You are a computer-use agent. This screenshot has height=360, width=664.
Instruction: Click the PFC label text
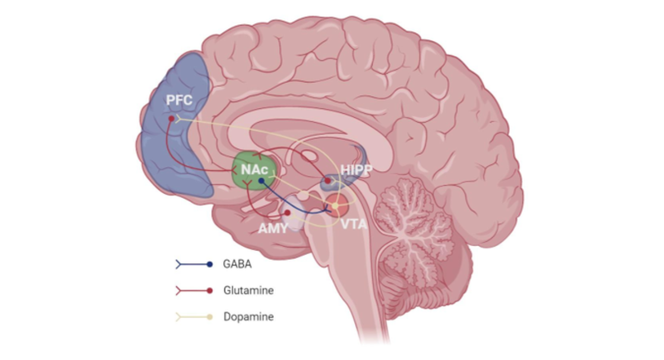pos(179,100)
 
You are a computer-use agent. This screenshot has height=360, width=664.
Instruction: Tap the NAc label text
pos(255,169)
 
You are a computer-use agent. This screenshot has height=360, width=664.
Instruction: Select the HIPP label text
pos(356,170)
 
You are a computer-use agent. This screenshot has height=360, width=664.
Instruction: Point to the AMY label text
pos(273,228)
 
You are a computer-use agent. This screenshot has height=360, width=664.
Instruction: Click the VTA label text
pos(354,224)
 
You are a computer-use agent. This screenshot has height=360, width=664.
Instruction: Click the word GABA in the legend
pos(237,264)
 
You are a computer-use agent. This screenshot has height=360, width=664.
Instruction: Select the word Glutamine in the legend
pos(248,290)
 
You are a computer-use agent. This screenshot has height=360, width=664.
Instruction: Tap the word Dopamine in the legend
pos(248,317)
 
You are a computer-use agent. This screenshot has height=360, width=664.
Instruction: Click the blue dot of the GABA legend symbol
pos(210,264)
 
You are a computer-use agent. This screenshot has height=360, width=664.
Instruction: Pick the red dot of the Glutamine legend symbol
pos(210,291)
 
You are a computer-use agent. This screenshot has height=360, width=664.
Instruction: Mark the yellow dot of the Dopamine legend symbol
pos(210,317)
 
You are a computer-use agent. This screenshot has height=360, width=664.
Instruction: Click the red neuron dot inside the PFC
pos(171,118)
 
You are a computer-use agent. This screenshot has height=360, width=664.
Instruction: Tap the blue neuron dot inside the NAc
pos(261,181)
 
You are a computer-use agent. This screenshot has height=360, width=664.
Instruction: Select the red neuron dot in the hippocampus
pos(327,181)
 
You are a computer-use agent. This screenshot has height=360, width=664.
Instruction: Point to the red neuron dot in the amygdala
pos(287,212)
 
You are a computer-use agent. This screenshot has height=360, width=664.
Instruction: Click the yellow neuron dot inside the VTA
pos(335,206)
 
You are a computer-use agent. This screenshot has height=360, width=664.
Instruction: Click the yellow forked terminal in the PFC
pos(178,118)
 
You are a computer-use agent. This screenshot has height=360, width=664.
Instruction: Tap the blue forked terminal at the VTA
pos(328,209)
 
